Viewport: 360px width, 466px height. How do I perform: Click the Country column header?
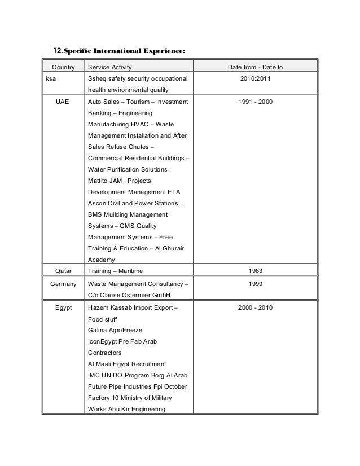[63, 68]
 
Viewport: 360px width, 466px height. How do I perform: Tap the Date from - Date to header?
[255, 68]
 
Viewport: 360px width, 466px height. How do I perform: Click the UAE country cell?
[63, 102]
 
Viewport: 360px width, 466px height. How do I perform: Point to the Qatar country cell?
[63, 270]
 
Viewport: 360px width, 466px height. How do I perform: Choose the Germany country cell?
[63, 284]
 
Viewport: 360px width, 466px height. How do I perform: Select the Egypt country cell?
[63, 307]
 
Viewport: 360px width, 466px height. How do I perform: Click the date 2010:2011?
[255, 79]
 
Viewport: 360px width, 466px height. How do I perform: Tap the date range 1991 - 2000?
[255, 102]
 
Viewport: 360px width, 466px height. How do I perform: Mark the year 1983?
[255, 270]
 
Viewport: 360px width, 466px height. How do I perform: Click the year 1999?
[255, 284]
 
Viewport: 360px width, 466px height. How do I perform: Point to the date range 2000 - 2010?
[255, 307]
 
